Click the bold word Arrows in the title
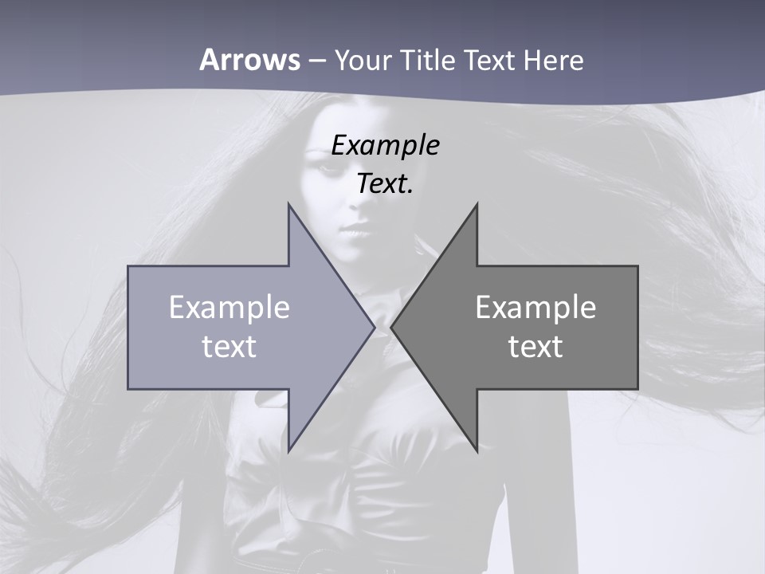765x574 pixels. (249, 60)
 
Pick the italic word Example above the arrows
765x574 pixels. (386, 145)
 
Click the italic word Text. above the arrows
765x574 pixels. (386, 184)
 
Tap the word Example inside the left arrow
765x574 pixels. (229, 308)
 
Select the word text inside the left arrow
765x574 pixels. (229, 347)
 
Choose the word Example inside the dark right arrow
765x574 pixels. (535, 308)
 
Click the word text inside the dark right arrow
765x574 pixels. (535, 347)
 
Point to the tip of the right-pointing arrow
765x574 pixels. (375, 327)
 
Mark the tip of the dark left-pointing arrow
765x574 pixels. (391, 327)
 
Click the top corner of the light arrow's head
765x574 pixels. (288, 205)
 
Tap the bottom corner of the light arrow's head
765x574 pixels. (288, 450)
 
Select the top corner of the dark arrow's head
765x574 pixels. (477, 205)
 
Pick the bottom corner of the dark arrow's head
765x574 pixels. (477, 450)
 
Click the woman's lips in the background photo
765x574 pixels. (355, 232)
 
